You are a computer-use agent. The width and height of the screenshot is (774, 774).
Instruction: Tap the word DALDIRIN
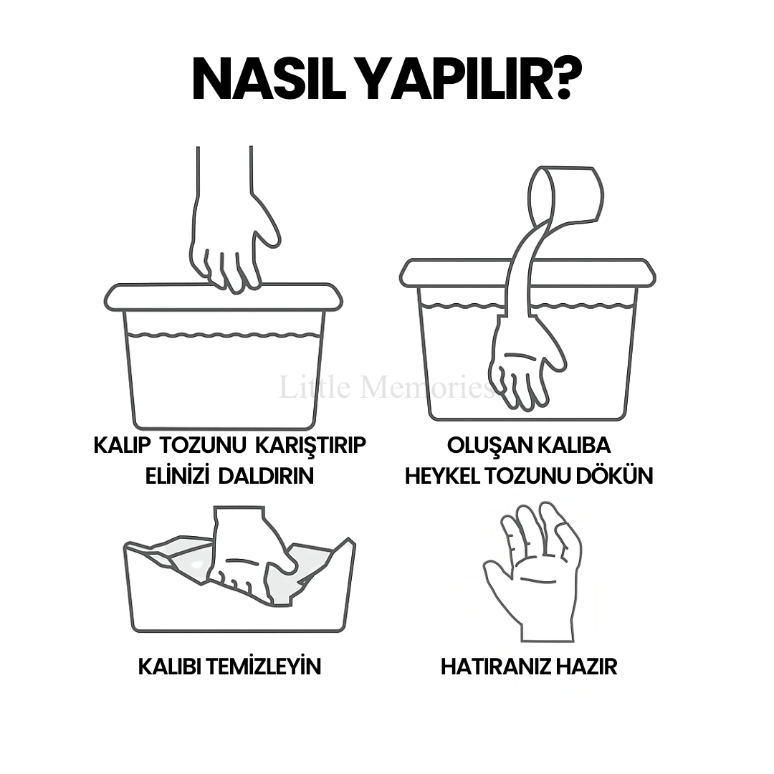[x=266, y=476]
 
